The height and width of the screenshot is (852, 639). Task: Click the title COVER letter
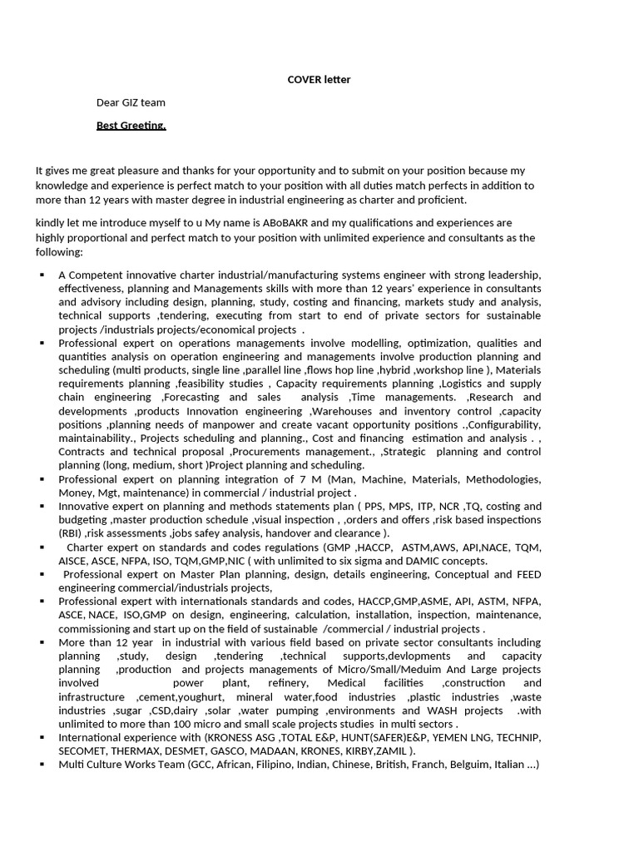(x=319, y=80)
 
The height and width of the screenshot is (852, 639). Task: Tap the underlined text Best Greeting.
(x=131, y=126)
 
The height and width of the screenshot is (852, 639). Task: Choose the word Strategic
(x=404, y=452)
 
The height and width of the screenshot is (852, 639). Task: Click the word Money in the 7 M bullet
(x=75, y=493)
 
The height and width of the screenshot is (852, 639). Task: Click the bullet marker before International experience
(x=42, y=738)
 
